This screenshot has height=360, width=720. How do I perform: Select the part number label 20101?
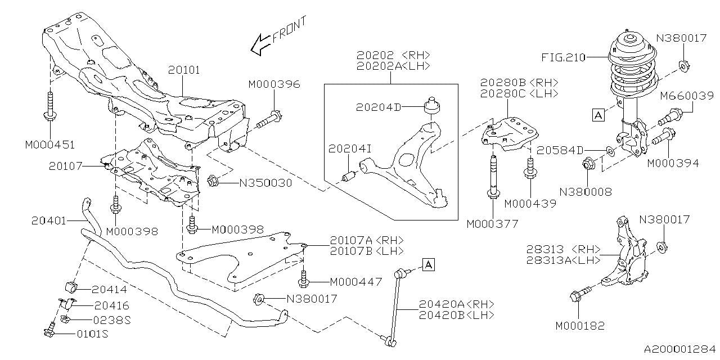click(184, 70)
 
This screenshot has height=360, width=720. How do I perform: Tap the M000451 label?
click(49, 145)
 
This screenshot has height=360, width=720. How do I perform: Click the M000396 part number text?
click(274, 84)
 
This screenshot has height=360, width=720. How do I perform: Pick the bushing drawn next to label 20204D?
click(432, 105)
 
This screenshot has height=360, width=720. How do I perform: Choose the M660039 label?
click(687, 96)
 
